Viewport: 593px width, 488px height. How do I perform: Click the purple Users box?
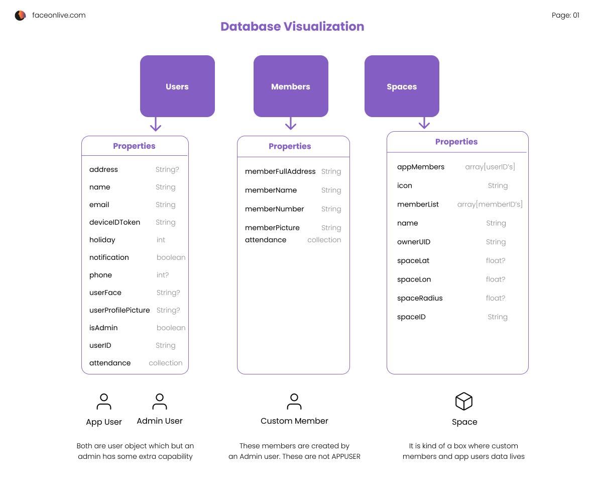click(x=177, y=86)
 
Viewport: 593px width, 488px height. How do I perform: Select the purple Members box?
click(x=291, y=86)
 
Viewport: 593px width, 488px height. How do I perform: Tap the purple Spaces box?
click(x=402, y=86)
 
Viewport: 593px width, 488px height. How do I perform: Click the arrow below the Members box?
click(x=291, y=124)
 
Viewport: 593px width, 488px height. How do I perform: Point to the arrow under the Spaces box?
click(x=424, y=123)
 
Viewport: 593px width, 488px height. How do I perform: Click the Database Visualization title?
click(x=292, y=27)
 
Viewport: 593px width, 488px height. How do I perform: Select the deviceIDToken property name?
click(x=114, y=222)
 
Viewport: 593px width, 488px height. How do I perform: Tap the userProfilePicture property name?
click(x=120, y=310)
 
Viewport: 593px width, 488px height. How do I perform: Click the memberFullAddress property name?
click(x=280, y=171)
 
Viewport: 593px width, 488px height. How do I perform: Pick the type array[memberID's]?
click(x=490, y=205)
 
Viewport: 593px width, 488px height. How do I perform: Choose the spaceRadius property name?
click(x=420, y=298)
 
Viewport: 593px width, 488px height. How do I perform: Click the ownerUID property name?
click(x=414, y=242)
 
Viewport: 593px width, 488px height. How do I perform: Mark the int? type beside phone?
click(x=163, y=275)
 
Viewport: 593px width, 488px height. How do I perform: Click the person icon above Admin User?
click(x=160, y=402)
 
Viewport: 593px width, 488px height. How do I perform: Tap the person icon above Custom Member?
click(x=294, y=402)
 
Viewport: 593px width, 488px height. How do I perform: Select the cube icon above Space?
click(x=464, y=402)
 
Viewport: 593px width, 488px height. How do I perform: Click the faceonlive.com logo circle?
click(x=20, y=16)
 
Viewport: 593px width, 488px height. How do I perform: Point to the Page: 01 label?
click(x=565, y=16)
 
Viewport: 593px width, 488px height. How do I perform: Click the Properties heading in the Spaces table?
click(x=456, y=142)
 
